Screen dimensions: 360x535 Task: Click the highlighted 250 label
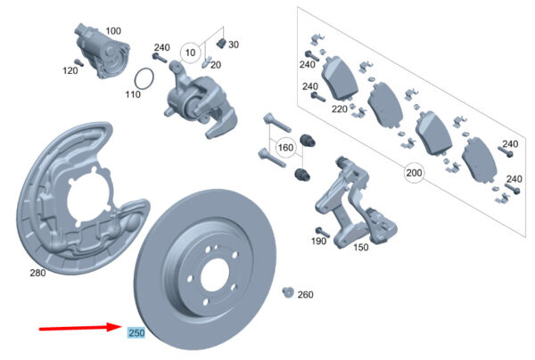click(136, 333)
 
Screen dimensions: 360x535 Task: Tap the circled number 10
click(190, 53)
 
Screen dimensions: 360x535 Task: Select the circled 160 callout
click(285, 147)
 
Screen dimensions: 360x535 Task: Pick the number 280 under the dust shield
click(37, 273)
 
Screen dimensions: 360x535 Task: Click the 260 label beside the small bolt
click(305, 295)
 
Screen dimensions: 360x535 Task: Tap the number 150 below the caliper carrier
click(359, 248)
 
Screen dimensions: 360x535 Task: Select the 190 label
click(317, 241)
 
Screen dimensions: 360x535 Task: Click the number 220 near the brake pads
click(339, 110)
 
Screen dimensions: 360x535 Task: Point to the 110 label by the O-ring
click(133, 94)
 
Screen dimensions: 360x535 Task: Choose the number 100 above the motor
click(113, 31)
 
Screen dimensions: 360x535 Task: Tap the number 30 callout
click(234, 45)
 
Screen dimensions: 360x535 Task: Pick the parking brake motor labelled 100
click(95, 52)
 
